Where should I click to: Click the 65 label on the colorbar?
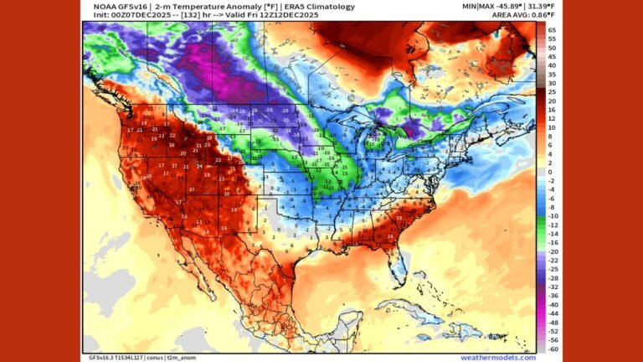click(x=552, y=29)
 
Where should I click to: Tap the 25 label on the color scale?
click(x=552, y=91)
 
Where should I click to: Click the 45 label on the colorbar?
click(x=552, y=56)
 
